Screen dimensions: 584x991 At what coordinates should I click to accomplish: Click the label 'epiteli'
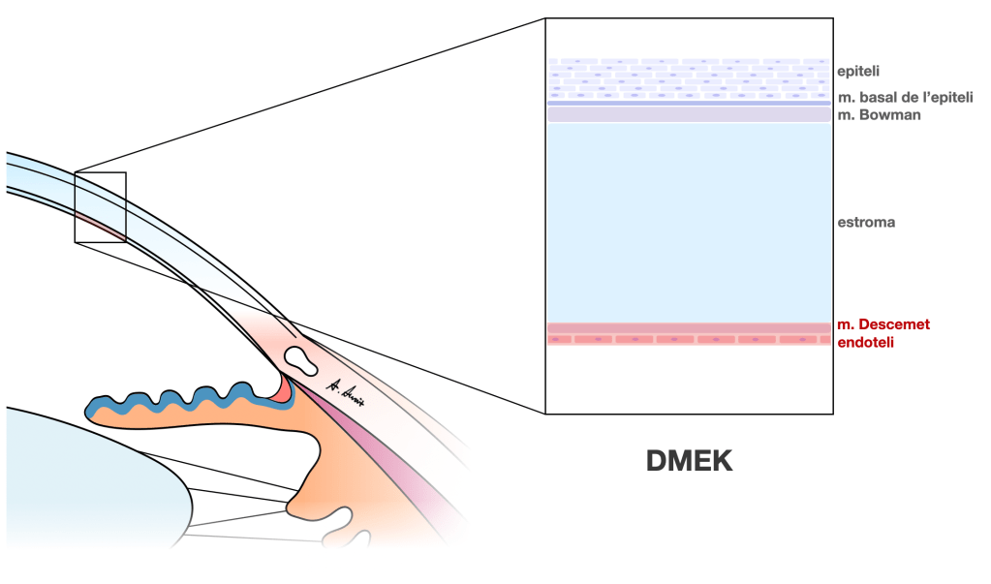pos(857,71)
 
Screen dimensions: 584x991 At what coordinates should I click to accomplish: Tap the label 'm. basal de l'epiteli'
pos(905,98)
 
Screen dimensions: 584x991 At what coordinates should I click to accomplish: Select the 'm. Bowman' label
pos(880,114)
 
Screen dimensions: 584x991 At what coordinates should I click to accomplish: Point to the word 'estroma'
pos(866,222)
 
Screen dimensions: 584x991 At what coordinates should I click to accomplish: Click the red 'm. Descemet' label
pos(883,324)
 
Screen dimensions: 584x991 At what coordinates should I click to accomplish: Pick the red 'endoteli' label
pos(865,341)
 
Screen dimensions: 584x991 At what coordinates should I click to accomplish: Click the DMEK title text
pos(689,461)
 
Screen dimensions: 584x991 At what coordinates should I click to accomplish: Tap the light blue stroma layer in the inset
pos(689,222)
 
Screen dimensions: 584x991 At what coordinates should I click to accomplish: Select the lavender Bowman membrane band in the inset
pos(689,114)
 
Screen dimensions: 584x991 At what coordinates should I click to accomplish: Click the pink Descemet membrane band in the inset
pos(689,328)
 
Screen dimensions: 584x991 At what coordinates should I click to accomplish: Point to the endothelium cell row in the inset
pos(689,340)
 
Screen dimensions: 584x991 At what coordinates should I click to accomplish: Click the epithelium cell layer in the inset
pos(689,78)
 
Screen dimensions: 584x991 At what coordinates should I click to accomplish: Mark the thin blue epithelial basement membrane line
pos(689,103)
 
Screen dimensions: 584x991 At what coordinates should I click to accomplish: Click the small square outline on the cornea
pos(100,206)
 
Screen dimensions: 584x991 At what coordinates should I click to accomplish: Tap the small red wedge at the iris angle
pos(284,388)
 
